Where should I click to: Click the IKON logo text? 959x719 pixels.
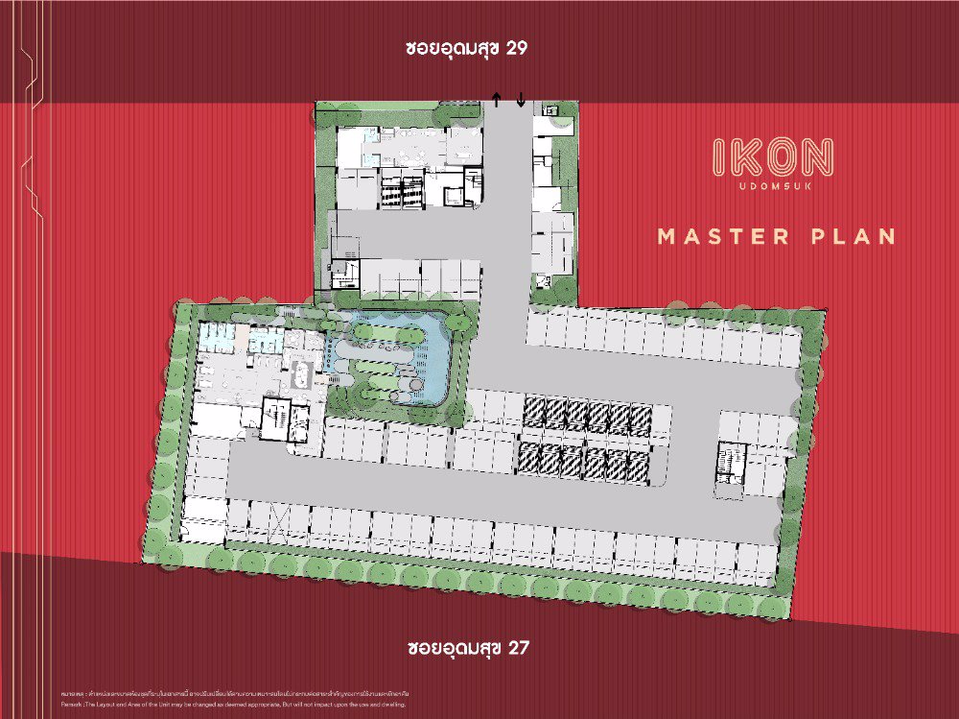[x=773, y=157]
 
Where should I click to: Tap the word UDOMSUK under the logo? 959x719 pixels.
[x=773, y=185]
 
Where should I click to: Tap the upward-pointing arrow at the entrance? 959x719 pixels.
[x=496, y=98]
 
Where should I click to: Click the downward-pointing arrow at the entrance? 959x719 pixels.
[x=521, y=98]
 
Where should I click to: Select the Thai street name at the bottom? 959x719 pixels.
[x=452, y=647]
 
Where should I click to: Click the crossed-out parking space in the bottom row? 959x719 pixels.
[x=279, y=522]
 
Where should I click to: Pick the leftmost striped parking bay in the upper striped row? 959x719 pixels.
[x=534, y=414]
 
